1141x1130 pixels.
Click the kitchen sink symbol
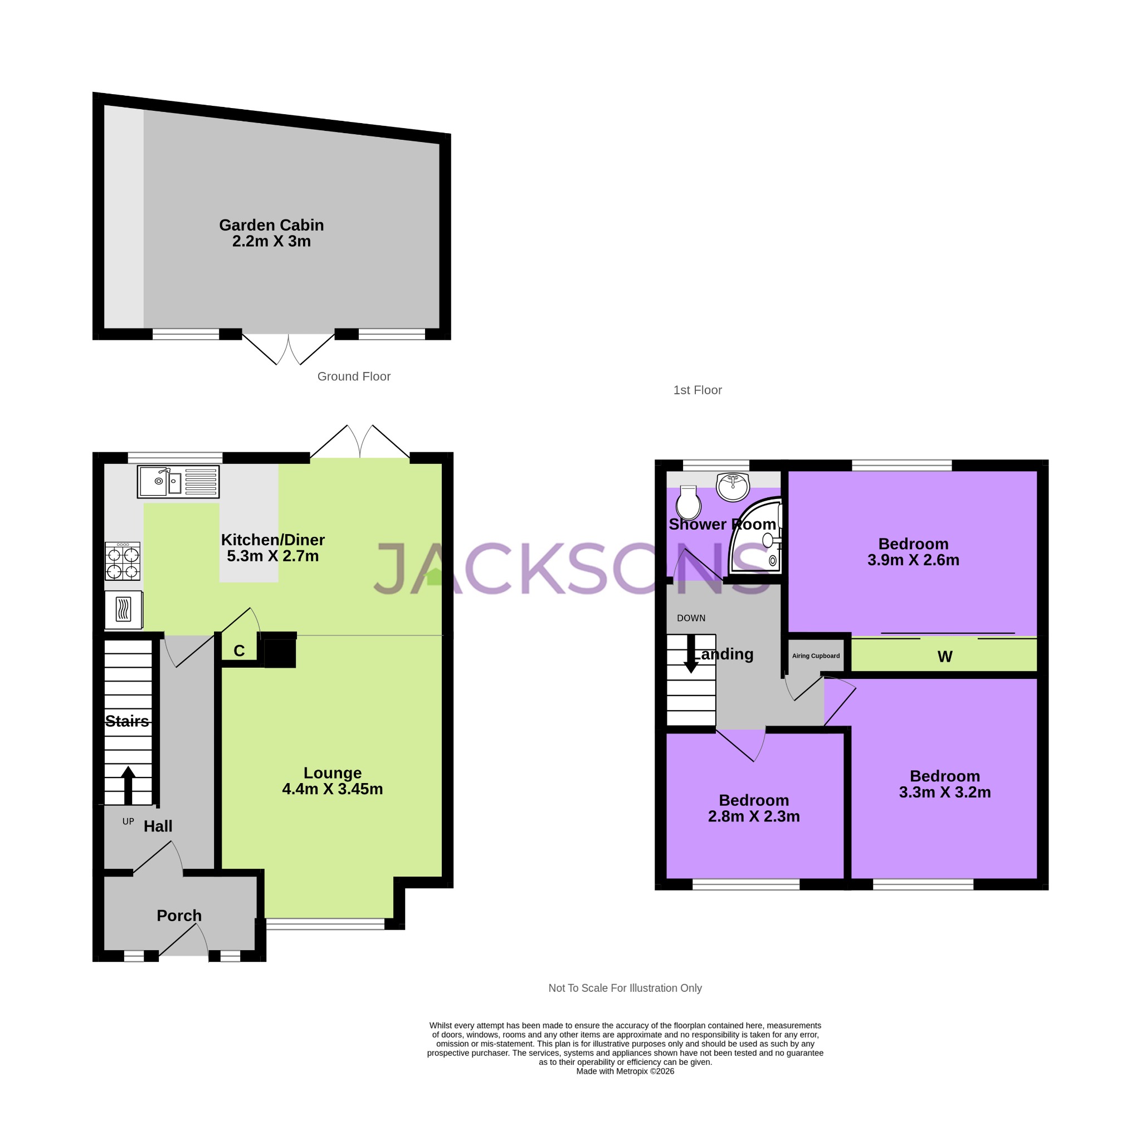click(x=178, y=482)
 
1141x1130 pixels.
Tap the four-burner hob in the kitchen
click(x=123, y=561)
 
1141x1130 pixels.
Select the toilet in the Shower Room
click(x=688, y=502)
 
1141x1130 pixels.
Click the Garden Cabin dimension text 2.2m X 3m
click(x=271, y=242)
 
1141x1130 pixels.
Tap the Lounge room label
click(x=332, y=773)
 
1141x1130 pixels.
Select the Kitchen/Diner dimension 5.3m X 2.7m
click(x=272, y=556)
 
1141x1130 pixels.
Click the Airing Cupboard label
click(x=816, y=656)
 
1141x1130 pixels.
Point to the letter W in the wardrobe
click(x=944, y=657)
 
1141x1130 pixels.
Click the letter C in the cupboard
click(x=238, y=650)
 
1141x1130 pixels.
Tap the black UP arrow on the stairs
click(x=128, y=784)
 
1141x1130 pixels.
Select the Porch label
click(x=179, y=916)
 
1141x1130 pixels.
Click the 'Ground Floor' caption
click(x=354, y=376)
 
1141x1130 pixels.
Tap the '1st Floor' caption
click(x=698, y=390)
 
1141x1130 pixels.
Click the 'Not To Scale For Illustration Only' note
click(x=625, y=989)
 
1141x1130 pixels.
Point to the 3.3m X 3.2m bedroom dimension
click(x=944, y=793)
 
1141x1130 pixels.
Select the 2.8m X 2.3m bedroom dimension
click(x=754, y=816)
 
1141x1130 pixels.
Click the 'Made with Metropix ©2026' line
click(x=625, y=1072)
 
